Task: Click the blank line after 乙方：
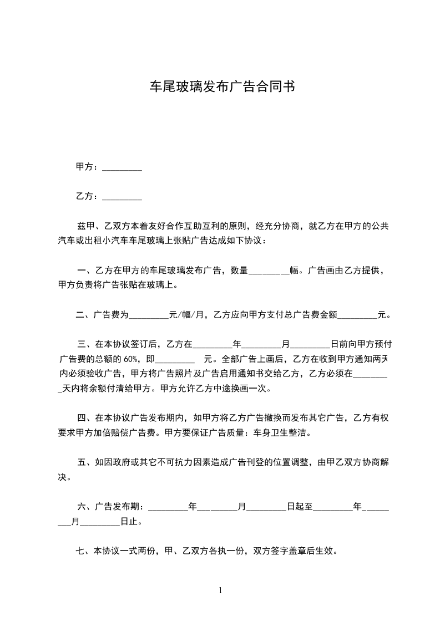click(122, 197)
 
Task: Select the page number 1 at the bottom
click(220, 590)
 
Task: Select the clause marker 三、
click(85, 344)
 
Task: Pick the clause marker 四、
click(85, 417)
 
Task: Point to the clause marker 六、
click(85, 506)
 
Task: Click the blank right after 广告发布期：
click(169, 507)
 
